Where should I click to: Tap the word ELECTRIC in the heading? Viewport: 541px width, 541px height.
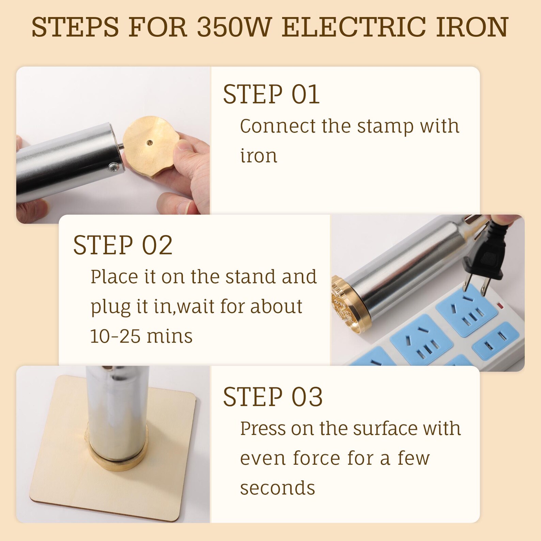(354, 27)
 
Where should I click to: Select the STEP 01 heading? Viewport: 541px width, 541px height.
(271, 94)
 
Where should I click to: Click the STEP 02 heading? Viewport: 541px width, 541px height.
(123, 245)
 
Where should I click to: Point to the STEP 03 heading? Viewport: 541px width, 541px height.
(273, 397)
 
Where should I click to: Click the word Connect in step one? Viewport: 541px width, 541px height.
(278, 126)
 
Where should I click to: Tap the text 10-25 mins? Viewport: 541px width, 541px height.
(141, 336)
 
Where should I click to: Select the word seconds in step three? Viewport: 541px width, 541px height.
(277, 488)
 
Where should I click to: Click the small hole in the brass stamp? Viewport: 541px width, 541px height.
(149, 142)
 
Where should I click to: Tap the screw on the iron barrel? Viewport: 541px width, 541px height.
(113, 167)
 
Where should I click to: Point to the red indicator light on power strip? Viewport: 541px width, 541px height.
(500, 305)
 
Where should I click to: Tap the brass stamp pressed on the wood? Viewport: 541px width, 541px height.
(118, 457)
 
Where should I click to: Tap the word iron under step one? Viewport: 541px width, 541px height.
(259, 156)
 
